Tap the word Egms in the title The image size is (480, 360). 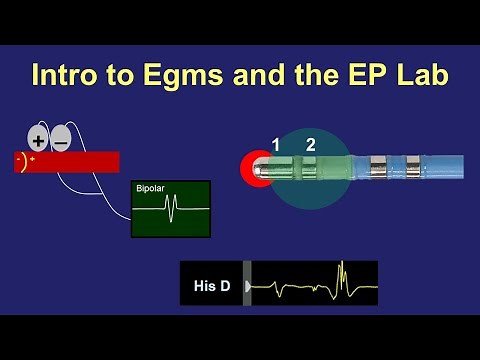pyautogui.click(x=169, y=75)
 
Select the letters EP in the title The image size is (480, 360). pyautogui.click(x=367, y=75)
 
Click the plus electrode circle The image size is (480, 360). pyautogui.click(x=39, y=139)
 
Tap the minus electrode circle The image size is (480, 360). pyautogui.click(x=61, y=139)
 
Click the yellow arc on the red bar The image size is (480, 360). pyautogui.click(x=23, y=162)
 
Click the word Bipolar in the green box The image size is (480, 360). pyautogui.click(x=151, y=188)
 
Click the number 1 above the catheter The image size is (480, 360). pyautogui.click(x=276, y=145)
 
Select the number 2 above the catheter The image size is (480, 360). pyautogui.click(x=311, y=145)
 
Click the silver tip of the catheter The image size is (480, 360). pyautogui.click(x=264, y=168)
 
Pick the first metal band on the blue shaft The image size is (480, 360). pyautogui.click(x=378, y=167)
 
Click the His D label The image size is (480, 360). pyautogui.click(x=211, y=288)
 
